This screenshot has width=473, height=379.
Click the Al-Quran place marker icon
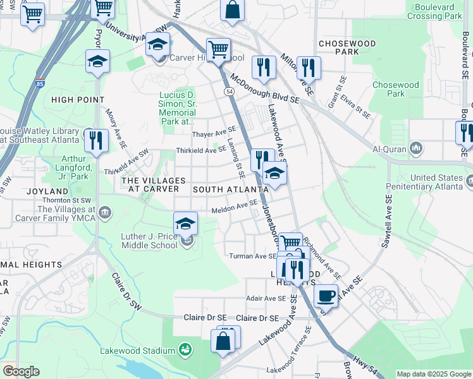(416, 149)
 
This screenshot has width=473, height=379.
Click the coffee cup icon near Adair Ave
(326, 296)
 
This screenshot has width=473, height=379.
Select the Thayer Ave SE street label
(214, 133)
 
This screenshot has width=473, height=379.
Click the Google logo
(21, 371)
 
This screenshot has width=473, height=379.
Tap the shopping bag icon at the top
(232, 10)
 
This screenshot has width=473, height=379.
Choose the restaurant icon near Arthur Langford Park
(96, 140)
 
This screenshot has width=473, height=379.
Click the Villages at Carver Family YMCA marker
(105, 212)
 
